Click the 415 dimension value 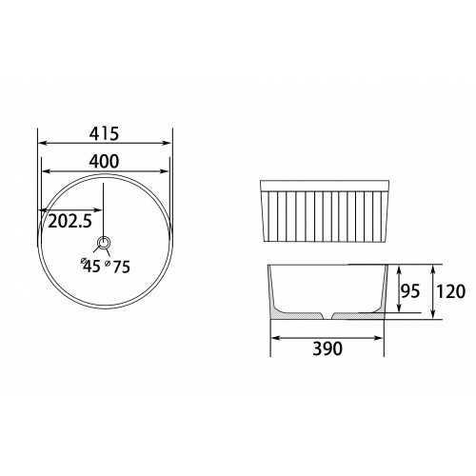click(x=104, y=134)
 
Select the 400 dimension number click(x=104, y=161)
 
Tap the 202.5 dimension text click(x=69, y=221)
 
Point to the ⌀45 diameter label click(x=90, y=266)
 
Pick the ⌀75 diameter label click(x=118, y=267)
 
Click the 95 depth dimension click(x=410, y=291)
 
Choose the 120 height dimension click(x=450, y=291)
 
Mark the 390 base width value click(x=327, y=348)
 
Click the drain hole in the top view click(x=104, y=243)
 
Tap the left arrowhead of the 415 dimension click(x=43, y=143)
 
